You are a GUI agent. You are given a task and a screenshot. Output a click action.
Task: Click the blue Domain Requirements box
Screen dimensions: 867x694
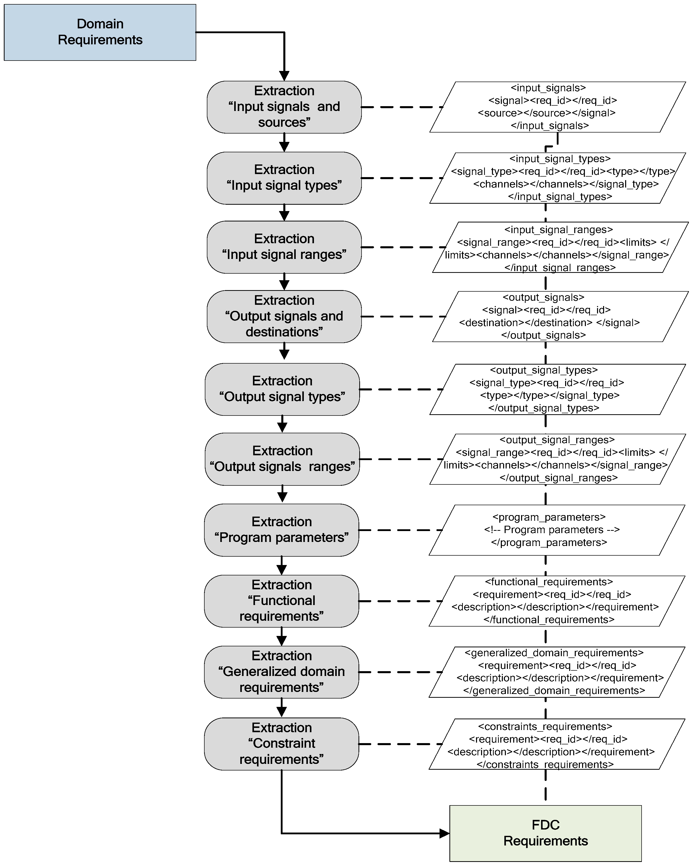[100, 32]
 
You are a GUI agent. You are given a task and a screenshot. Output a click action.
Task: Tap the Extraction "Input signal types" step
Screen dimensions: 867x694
[284, 178]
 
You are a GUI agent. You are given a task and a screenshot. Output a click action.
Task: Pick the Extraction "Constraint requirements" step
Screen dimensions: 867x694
[281, 744]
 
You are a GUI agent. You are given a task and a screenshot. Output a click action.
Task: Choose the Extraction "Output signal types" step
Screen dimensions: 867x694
[282, 389]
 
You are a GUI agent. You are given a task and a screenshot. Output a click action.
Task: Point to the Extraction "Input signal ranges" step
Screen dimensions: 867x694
[284, 247]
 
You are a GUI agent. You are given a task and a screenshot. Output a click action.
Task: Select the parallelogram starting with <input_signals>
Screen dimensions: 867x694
[557, 107]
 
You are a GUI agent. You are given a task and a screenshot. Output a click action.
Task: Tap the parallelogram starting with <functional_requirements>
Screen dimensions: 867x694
[557, 601]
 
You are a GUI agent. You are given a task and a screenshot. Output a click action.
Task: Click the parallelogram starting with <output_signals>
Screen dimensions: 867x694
[560, 316]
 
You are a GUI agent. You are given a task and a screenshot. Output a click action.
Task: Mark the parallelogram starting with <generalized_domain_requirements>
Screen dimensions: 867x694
[557, 672]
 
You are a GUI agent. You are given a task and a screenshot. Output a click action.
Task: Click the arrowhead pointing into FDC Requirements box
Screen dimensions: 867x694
[444, 833]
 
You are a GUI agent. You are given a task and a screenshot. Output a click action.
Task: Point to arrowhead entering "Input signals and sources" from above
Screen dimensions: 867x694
[284, 76]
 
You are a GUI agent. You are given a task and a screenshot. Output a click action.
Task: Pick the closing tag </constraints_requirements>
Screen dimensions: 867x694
[545, 764]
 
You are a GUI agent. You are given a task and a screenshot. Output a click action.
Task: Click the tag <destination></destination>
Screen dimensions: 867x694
[525, 323]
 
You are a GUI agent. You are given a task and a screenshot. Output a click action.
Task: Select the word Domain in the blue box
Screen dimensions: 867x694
[100, 24]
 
